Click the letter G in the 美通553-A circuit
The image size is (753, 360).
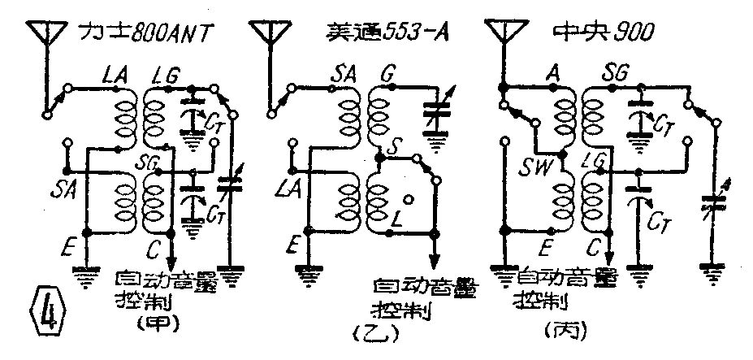387,76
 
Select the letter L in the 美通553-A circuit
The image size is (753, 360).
396,220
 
